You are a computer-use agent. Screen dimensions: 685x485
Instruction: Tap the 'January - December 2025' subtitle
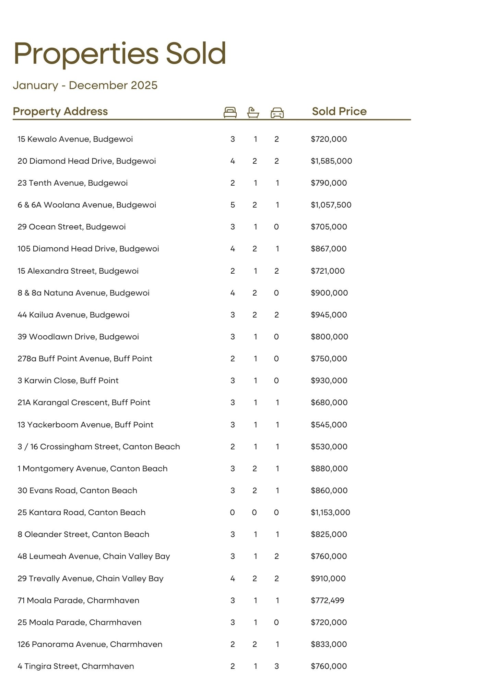pyautogui.click(x=85, y=85)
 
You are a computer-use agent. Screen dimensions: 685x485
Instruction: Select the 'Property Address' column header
pyautogui.click(x=60, y=111)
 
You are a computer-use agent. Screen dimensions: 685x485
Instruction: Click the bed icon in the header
pyautogui.click(x=230, y=112)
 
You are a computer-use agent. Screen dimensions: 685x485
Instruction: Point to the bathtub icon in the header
pyautogui.click(x=253, y=112)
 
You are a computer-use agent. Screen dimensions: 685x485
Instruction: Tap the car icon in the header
pyautogui.click(x=277, y=113)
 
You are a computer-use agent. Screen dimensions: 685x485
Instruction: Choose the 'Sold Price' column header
pyautogui.click(x=339, y=111)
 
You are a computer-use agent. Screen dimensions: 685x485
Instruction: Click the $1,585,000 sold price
pyautogui.click(x=331, y=161)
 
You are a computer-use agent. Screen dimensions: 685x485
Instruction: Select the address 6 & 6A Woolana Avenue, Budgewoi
pyautogui.click(x=87, y=205)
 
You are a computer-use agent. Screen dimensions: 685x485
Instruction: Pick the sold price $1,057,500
pyautogui.click(x=331, y=205)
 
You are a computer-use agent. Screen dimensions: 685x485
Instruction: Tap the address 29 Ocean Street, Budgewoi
pyautogui.click(x=72, y=227)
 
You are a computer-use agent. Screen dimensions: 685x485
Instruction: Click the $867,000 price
pyautogui.click(x=329, y=249)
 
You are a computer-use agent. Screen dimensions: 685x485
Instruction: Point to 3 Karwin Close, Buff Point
pyautogui.click(x=68, y=381)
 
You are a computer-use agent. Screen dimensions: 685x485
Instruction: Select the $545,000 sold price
pyautogui.click(x=329, y=425)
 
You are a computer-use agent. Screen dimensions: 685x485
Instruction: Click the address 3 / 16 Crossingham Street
pyautogui.click(x=99, y=447)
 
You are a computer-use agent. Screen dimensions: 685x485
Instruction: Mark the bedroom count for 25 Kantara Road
pyautogui.click(x=232, y=512)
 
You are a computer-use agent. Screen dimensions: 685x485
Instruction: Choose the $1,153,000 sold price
pyautogui.click(x=330, y=512)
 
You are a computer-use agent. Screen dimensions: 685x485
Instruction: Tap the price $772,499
pyautogui.click(x=328, y=600)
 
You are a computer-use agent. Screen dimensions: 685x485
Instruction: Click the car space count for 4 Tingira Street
pyautogui.click(x=277, y=666)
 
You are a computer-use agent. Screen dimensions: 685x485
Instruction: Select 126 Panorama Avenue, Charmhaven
pyautogui.click(x=90, y=644)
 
